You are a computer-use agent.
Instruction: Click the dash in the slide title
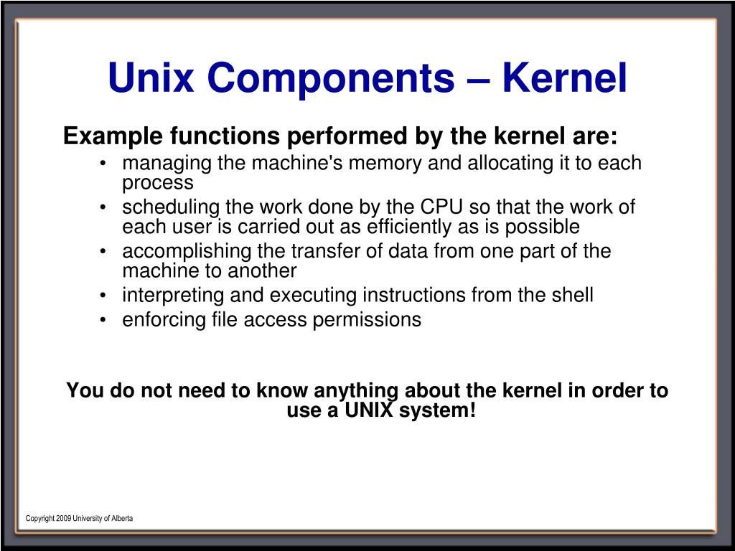click(477, 79)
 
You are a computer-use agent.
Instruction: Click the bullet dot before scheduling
click(105, 208)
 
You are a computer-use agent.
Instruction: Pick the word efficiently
click(406, 227)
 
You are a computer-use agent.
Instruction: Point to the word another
click(261, 271)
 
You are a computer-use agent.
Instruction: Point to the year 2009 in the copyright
click(64, 518)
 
